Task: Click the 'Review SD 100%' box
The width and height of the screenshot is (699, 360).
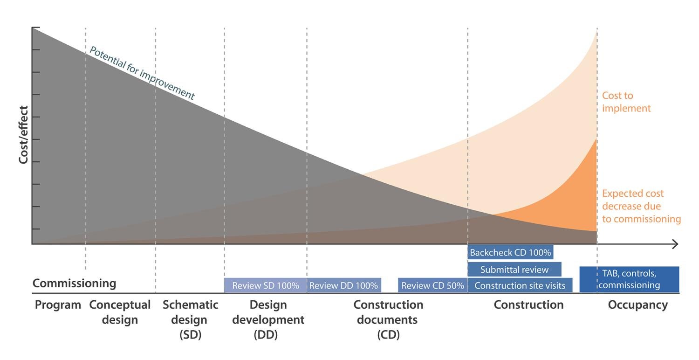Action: pos(266,285)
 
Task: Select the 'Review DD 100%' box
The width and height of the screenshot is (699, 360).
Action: pos(344,285)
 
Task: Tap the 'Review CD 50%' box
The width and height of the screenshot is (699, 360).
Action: pos(432,285)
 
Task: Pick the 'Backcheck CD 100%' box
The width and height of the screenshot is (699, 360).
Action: pos(510,252)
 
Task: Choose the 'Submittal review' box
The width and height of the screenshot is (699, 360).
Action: pos(514,270)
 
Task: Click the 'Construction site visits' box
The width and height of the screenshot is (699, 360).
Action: pos(520,285)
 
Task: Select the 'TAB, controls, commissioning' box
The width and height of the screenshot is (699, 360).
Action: pos(629,279)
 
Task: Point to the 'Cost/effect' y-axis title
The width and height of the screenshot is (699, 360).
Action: pos(23,135)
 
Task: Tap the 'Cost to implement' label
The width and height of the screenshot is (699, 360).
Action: pos(626,102)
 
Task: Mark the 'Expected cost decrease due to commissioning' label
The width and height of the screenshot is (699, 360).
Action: pos(641,206)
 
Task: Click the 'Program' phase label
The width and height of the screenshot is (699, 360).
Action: pos(58,305)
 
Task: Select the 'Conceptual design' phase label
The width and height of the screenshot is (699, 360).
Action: pos(120,312)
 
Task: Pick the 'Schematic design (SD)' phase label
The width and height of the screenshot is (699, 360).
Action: pos(190,319)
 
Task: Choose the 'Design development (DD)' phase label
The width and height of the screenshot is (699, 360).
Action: pos(268,319)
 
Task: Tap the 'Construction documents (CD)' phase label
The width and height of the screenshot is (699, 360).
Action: pos(388,319)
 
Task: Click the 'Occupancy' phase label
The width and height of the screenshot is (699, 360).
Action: pos(637,305)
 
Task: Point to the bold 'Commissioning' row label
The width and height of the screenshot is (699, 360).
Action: pos(74,283)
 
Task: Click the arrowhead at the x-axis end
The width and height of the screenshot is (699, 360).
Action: pos(678,244)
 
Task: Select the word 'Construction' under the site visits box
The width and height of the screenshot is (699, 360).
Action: pos(528,305)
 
